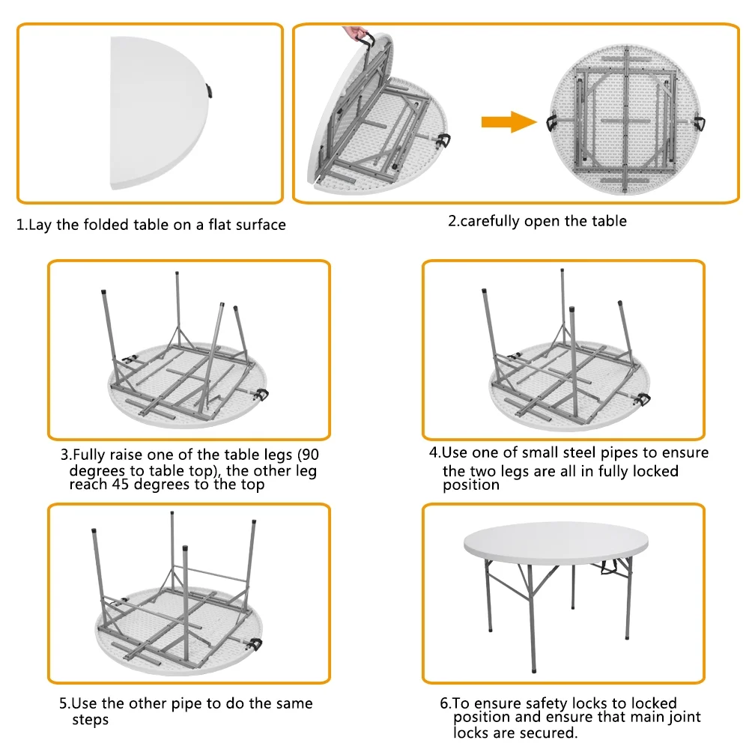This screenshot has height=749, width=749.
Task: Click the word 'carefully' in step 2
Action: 491,221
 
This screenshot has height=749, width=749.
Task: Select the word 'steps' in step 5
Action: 90,720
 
